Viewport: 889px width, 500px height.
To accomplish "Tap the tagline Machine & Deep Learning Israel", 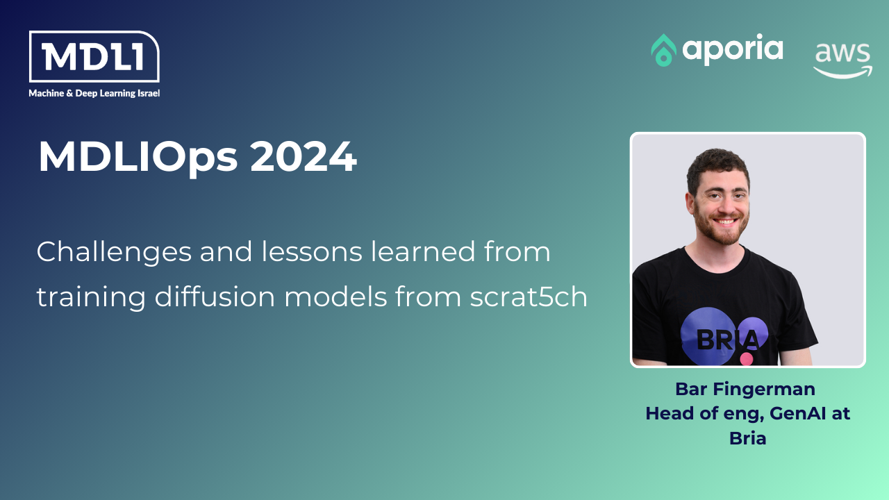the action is point(94,93).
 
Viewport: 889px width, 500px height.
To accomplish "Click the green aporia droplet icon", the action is point(663,50).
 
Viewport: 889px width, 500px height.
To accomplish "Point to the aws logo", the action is point(842,60).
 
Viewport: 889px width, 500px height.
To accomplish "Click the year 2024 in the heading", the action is point(304,157).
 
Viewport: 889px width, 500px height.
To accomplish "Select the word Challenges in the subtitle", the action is point(115,252).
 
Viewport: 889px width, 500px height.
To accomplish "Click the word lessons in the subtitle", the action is point(312,251).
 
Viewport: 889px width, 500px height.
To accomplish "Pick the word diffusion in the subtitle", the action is point(215,296).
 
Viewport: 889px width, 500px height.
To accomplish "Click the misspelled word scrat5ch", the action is point(529,297).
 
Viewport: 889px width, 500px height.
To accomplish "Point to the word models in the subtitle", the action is point(335,297).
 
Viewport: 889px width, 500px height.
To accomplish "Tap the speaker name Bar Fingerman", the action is point(745,389).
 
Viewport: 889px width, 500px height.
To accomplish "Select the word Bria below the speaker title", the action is point(748,438).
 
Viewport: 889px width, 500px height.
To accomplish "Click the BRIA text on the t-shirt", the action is point(728,340).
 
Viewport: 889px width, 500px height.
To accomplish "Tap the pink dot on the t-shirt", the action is point(747,359).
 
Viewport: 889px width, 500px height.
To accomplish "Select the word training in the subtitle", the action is point(91,297).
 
